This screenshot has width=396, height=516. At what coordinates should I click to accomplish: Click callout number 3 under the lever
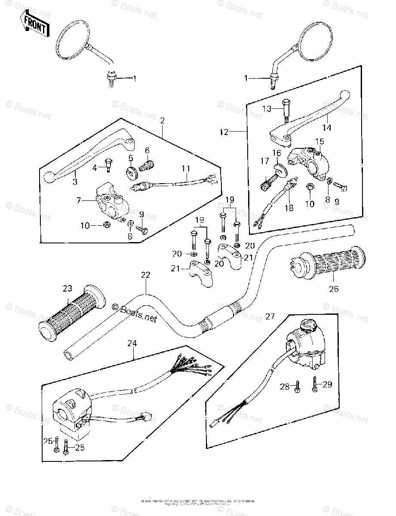point(75,182)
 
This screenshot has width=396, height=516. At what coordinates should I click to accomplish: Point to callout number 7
point(78,200)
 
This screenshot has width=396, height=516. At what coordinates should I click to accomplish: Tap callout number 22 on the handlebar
point(146,275)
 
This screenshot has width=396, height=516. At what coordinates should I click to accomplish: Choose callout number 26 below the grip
point(333,289)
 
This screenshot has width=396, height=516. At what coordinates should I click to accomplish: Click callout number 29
point(327,384)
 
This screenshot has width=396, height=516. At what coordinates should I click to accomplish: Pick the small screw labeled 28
point(297,387)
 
